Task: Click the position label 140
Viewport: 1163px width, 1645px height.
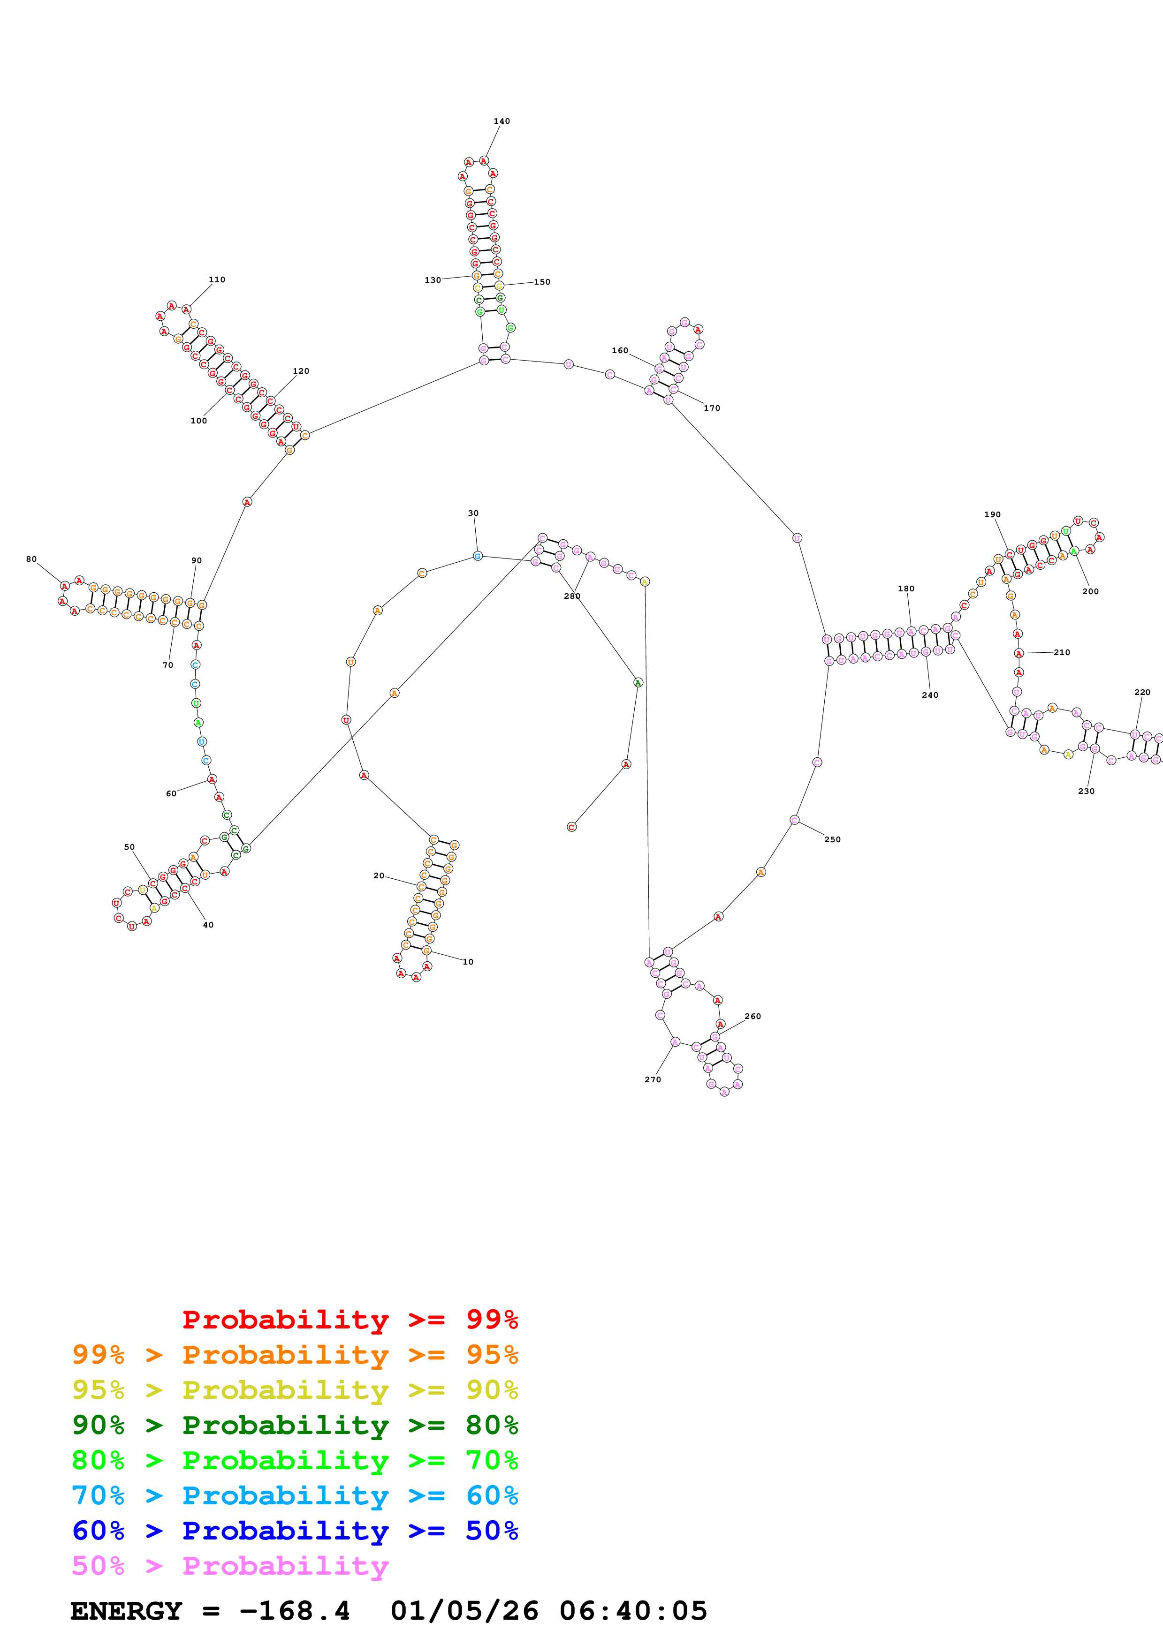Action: (502, 121)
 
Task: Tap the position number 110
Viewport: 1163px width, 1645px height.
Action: (217, 279)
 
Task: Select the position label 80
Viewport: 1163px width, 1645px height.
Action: (31, 559)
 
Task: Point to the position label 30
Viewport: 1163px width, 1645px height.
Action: (473, 513)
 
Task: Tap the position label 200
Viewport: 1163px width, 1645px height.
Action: (1090, 591)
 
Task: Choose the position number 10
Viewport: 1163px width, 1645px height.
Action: (468, 961)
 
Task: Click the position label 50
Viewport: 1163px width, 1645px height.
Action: (129, 847)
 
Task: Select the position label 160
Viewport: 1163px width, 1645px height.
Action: (620, 350)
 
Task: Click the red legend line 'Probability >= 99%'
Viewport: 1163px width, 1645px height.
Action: (350, 1320)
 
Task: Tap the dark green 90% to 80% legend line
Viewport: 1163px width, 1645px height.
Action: (295, 1425)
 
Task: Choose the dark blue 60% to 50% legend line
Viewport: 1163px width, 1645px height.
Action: (295, 1531)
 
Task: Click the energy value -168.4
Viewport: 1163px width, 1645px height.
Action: (295, 1611)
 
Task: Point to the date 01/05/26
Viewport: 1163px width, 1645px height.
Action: (464, 1611)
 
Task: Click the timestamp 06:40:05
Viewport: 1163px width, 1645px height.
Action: (633, 1611)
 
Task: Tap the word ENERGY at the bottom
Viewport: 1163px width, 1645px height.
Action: (126, 1611)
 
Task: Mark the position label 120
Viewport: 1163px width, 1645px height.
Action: (301, 371)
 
